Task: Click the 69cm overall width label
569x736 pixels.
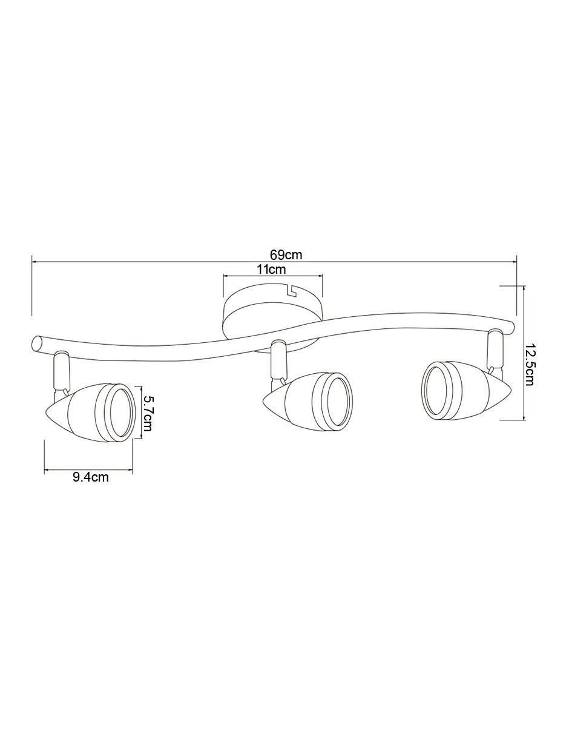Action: click(286, 254)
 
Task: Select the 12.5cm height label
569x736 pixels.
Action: click(528, 365)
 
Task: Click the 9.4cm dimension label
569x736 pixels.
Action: click(91, 477)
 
